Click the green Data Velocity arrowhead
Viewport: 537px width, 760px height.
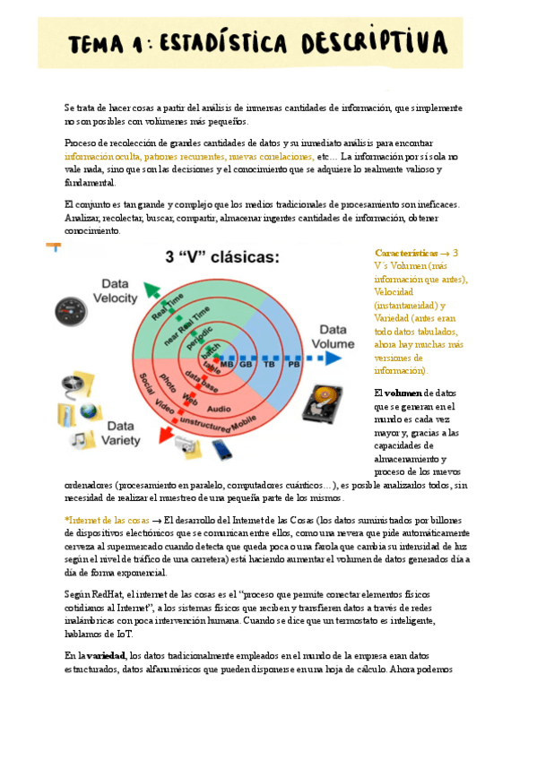[x=152, y=288]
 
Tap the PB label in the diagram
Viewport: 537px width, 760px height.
[x=293, y=365]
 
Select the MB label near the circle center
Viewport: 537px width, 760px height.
[x=227, y=365]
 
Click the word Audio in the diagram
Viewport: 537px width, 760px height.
[x=220, y=408]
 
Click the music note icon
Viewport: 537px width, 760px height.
[x=81, y=438]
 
